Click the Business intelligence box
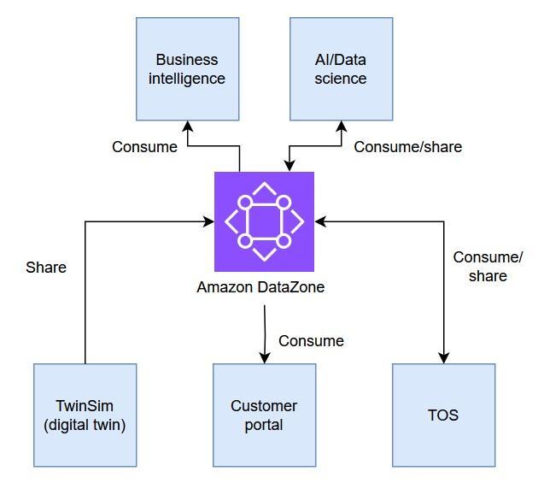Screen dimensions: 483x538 tap(187, 68)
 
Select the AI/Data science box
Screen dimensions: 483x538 tap(341, 68)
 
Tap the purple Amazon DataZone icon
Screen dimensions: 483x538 tap(264, 221)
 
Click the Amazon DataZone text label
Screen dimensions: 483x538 tap(260, 287)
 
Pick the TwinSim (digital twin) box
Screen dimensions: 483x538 tap(85, 415)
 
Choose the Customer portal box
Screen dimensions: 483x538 tap(264, 415)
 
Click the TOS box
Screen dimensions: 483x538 tap(443, 415)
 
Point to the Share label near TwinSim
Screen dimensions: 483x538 tap(46, 268)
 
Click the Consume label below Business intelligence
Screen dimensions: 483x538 tap(144, 147)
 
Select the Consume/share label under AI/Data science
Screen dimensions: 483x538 tap(407, 147)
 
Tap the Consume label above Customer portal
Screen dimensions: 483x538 tap(311, 341)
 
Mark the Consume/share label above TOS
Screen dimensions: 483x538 tap(488, 266)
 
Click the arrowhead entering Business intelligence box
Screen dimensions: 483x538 tap(188, 126)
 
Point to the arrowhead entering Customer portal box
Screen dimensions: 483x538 tap(265, 358)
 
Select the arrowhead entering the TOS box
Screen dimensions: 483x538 tap(444, 358)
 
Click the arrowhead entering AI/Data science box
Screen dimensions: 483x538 tap(342, 126)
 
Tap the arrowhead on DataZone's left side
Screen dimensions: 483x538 tap(208, 221)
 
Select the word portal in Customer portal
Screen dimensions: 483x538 tap(264, 425)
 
